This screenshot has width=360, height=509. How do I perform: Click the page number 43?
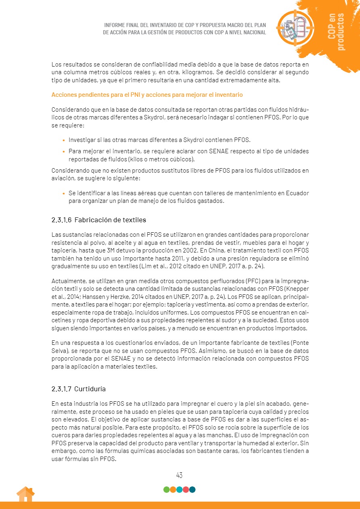(179, 475)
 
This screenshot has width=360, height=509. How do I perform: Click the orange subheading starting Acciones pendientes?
(147, 95)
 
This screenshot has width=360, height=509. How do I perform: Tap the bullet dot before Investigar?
(64, 140)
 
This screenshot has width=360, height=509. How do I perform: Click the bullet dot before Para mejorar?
(64, 152)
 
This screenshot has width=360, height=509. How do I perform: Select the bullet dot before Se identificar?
(64, 194)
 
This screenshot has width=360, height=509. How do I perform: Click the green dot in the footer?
(166, 490)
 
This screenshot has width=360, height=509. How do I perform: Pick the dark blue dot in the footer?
(193, 490)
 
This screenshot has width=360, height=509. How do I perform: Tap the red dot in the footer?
(186, 490)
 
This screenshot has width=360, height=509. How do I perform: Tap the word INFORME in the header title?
(115, 25)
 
